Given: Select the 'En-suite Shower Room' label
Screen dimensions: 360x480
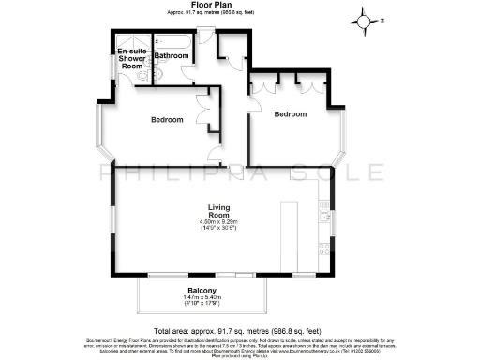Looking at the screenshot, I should (x=131, y=59).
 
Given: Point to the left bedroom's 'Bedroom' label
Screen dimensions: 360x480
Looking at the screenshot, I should (x=167, y=119).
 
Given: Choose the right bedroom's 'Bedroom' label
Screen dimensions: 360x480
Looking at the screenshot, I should (x=290, y=114).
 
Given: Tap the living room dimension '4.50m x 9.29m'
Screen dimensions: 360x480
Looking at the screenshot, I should (x=219, y=221).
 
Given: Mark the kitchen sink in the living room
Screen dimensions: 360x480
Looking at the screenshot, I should (x=324, y=214).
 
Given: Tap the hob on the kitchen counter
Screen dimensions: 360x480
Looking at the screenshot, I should (x=324, y=249).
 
